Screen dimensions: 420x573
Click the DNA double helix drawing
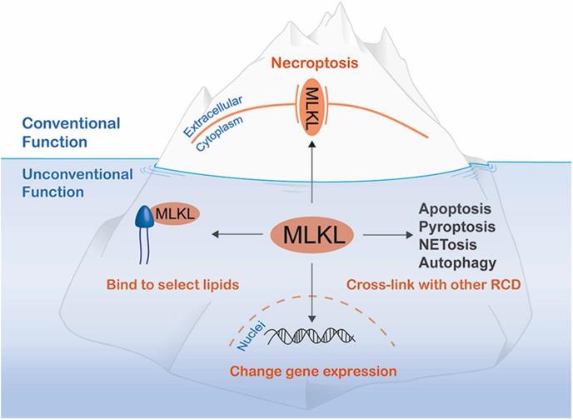[312, 334]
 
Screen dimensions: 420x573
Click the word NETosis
[442, 245]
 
